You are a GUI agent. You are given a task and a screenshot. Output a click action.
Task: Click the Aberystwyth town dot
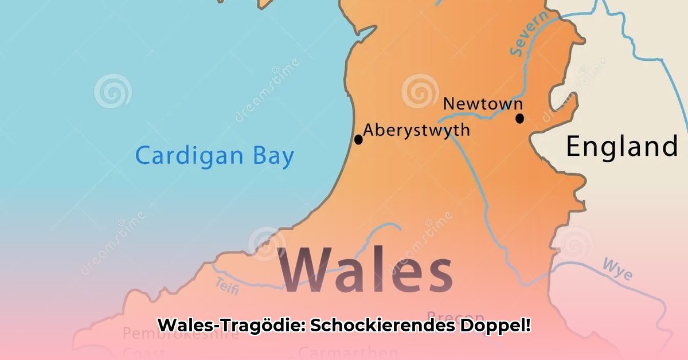tap(358, 139)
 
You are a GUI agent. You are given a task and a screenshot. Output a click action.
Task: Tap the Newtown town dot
tap(519, 119)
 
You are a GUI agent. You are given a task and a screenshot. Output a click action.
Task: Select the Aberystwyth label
tap(416, 130)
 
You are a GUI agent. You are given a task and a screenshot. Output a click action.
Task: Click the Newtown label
tap(483, 104)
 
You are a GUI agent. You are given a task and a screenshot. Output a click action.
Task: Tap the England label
tap(622, 147)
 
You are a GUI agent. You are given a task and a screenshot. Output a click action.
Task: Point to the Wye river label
tap(617, 269)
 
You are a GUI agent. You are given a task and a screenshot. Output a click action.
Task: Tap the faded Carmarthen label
tap(348, 351)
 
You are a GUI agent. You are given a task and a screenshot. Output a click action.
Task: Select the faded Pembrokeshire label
tap(181, 333)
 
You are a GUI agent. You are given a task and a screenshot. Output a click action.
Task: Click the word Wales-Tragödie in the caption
tap(232, 326)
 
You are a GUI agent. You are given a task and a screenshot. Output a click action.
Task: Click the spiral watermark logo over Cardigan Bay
tap(113, 91)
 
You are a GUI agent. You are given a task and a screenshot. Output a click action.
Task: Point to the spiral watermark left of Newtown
tap(420, 91)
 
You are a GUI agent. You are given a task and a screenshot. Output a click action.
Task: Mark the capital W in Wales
tap(310, 268)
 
